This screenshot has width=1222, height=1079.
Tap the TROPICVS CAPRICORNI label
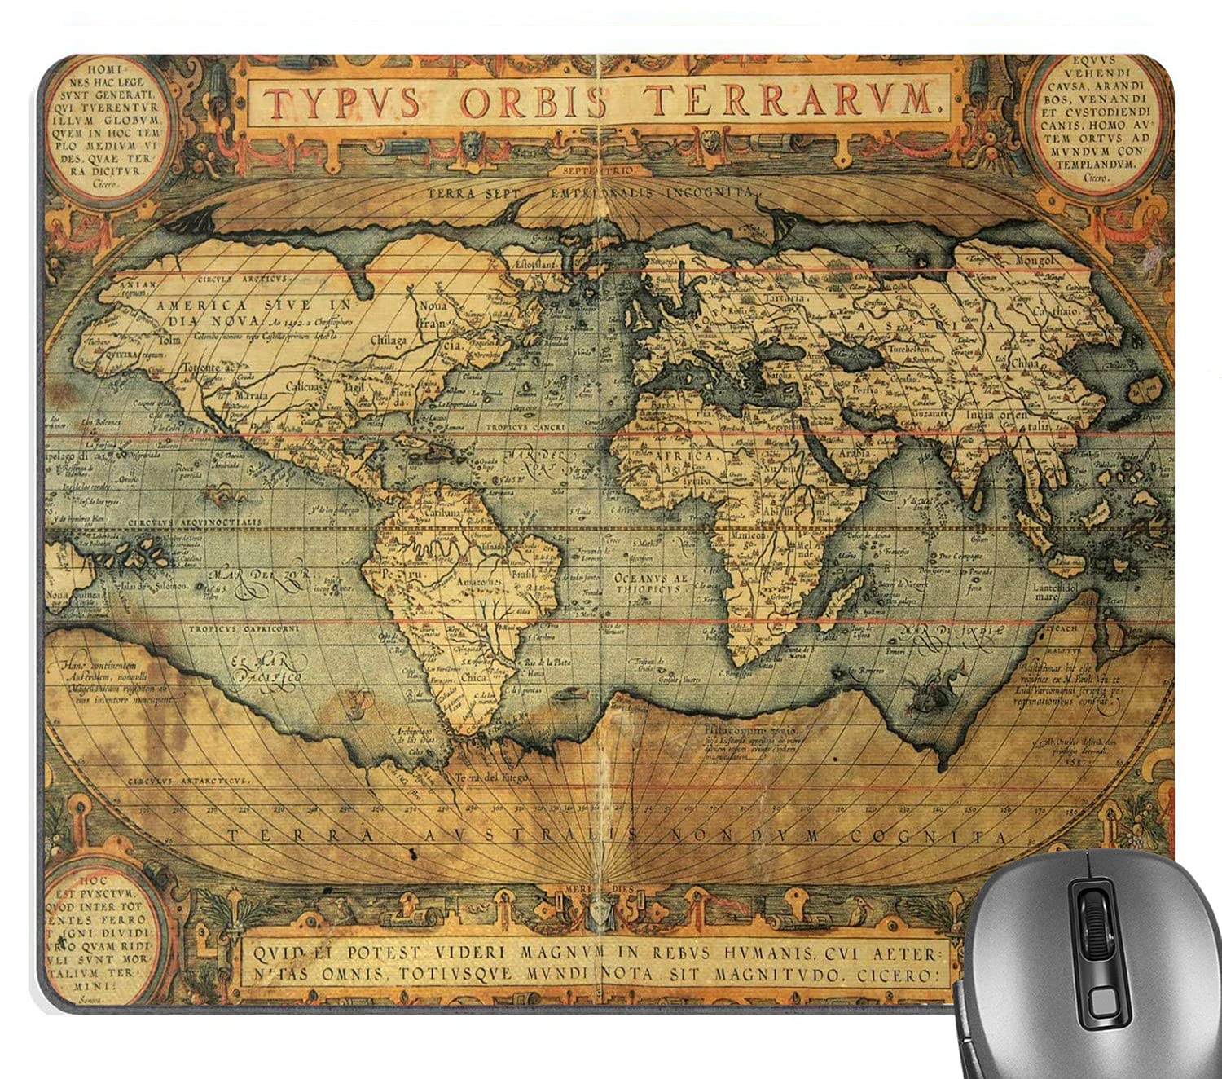[244, 629]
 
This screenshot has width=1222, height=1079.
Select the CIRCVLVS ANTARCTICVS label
[187, 780]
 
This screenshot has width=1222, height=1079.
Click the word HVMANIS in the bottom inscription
[766, 950]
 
